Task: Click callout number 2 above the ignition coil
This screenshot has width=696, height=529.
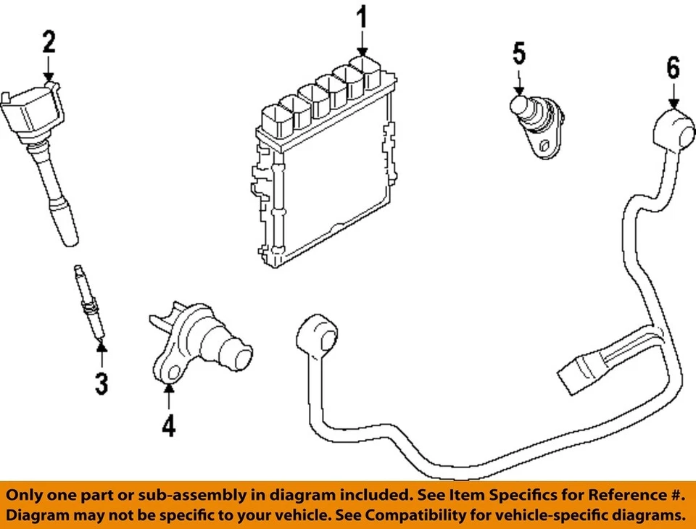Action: click(x=48, y=43)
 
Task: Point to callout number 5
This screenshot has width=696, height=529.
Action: click(x=519, y=53)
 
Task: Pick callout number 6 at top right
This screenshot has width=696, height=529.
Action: click(x=674, y=68)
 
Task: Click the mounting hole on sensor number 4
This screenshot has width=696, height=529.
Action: click(x=173, y=374)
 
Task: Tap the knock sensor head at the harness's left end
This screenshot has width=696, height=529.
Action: click(x=318, y=336)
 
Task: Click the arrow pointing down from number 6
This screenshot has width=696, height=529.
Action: click(x=674, y=96)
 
